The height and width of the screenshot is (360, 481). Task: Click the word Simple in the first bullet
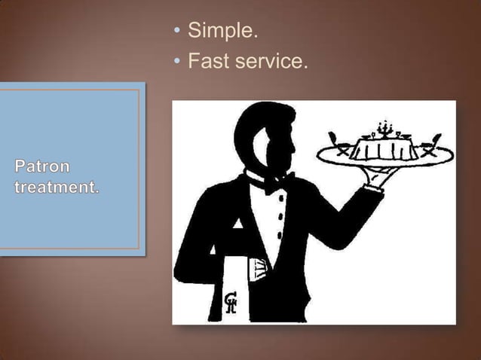(222, 32)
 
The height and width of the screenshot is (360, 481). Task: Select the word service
(272, 61)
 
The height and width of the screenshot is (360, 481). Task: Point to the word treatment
(56, 185)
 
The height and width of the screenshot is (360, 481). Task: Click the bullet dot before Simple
(177, 32)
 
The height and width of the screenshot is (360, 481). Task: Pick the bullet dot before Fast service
(177, 62)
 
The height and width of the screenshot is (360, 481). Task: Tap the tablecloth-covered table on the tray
(386, 146)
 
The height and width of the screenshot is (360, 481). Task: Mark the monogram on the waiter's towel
(231, 302)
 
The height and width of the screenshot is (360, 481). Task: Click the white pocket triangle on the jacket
(237, 224)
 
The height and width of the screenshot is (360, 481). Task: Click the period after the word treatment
(98, 189)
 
